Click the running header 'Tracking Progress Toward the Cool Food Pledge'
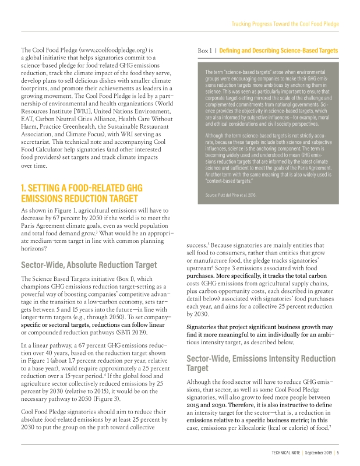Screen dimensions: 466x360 coord(285,24)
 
